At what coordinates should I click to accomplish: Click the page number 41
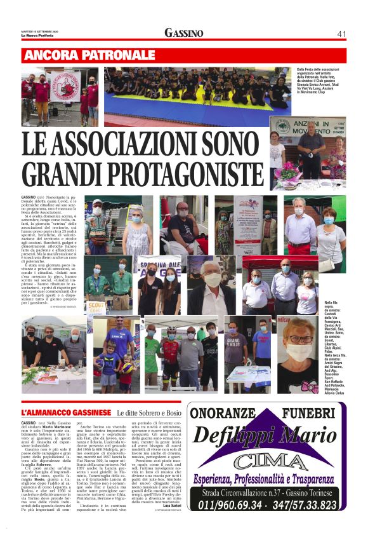(341, 33)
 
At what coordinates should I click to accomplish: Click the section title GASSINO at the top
(184, 33)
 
